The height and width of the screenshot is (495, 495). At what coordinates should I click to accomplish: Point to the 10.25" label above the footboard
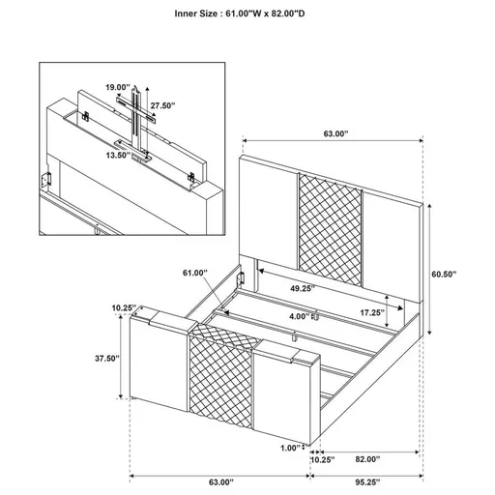pos(124,307)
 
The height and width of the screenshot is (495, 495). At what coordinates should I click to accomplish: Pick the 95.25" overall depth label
pos(366,480)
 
